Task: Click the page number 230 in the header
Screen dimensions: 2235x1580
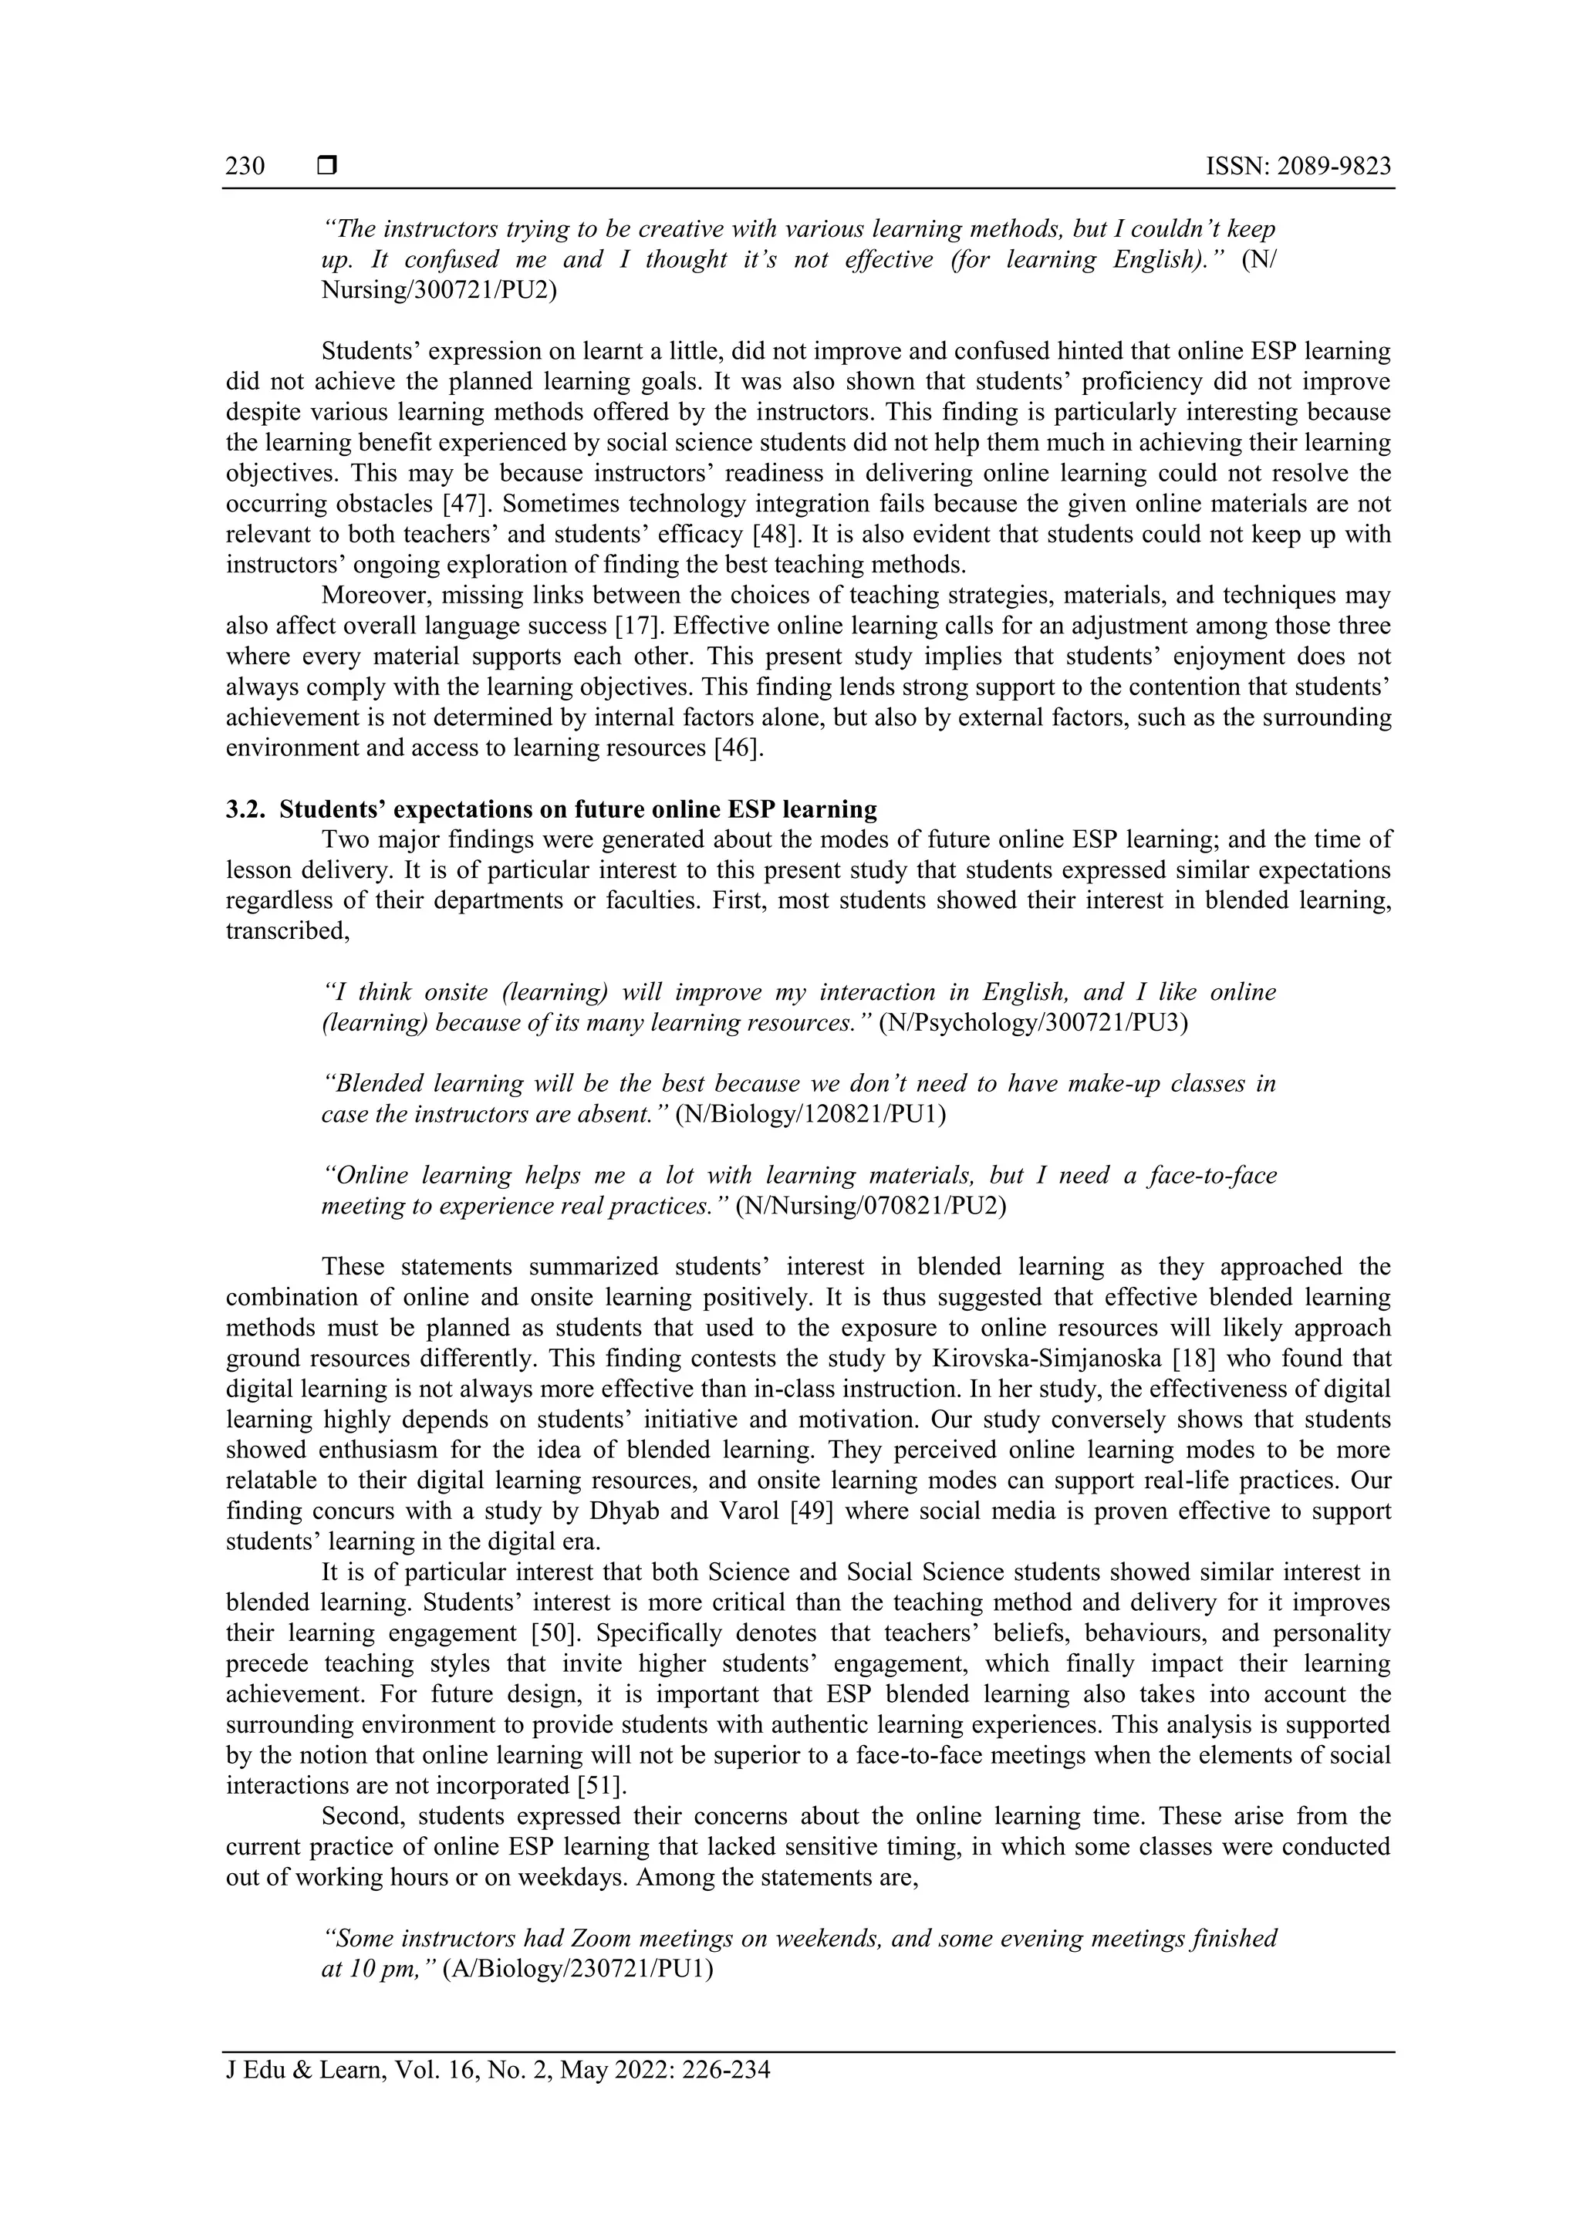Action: [245, 167]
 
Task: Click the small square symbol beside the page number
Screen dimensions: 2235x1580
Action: [327, 167]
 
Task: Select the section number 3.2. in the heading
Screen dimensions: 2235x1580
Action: [245, 809]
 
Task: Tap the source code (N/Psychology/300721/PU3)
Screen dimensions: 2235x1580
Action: [1033, 1023]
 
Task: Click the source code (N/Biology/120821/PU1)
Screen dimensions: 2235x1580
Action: [811, 1115]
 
